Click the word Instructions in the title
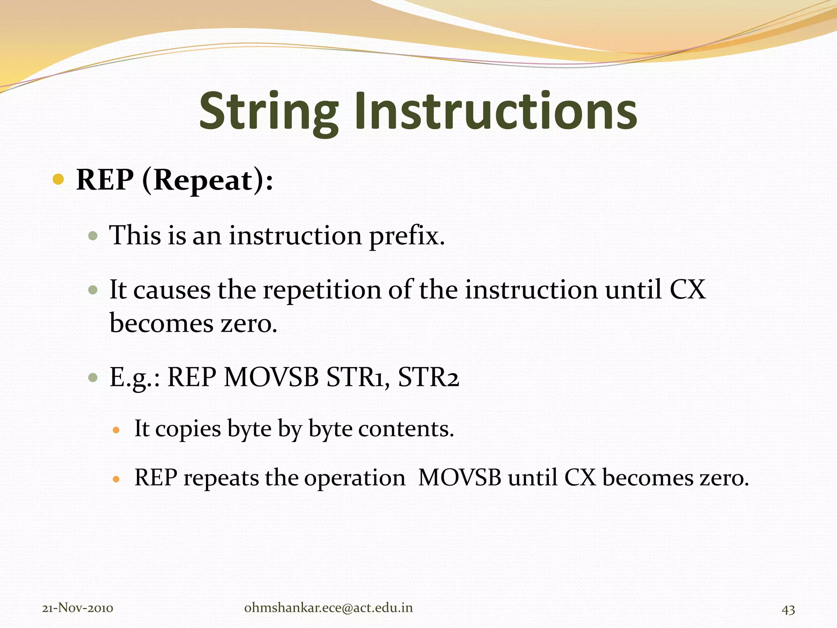[x=495, y=111]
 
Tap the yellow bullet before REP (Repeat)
[x=58, y=179]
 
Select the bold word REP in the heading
[x=105, y=180]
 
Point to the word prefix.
[x=406, y=236]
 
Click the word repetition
[x=322, y=290]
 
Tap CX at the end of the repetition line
[x=687, y=290]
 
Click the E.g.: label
[x=134, y=377]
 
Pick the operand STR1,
[x=357, y=377]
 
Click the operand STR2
[x=428, y=377]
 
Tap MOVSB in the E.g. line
[x=271, y=377]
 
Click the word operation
[x=354, y=478]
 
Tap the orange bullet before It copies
[x=116, y=430]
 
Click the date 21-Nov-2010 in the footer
[x=78, y=608]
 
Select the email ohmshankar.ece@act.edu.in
[x=328, y=608]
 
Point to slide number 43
[x=788, y=610]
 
